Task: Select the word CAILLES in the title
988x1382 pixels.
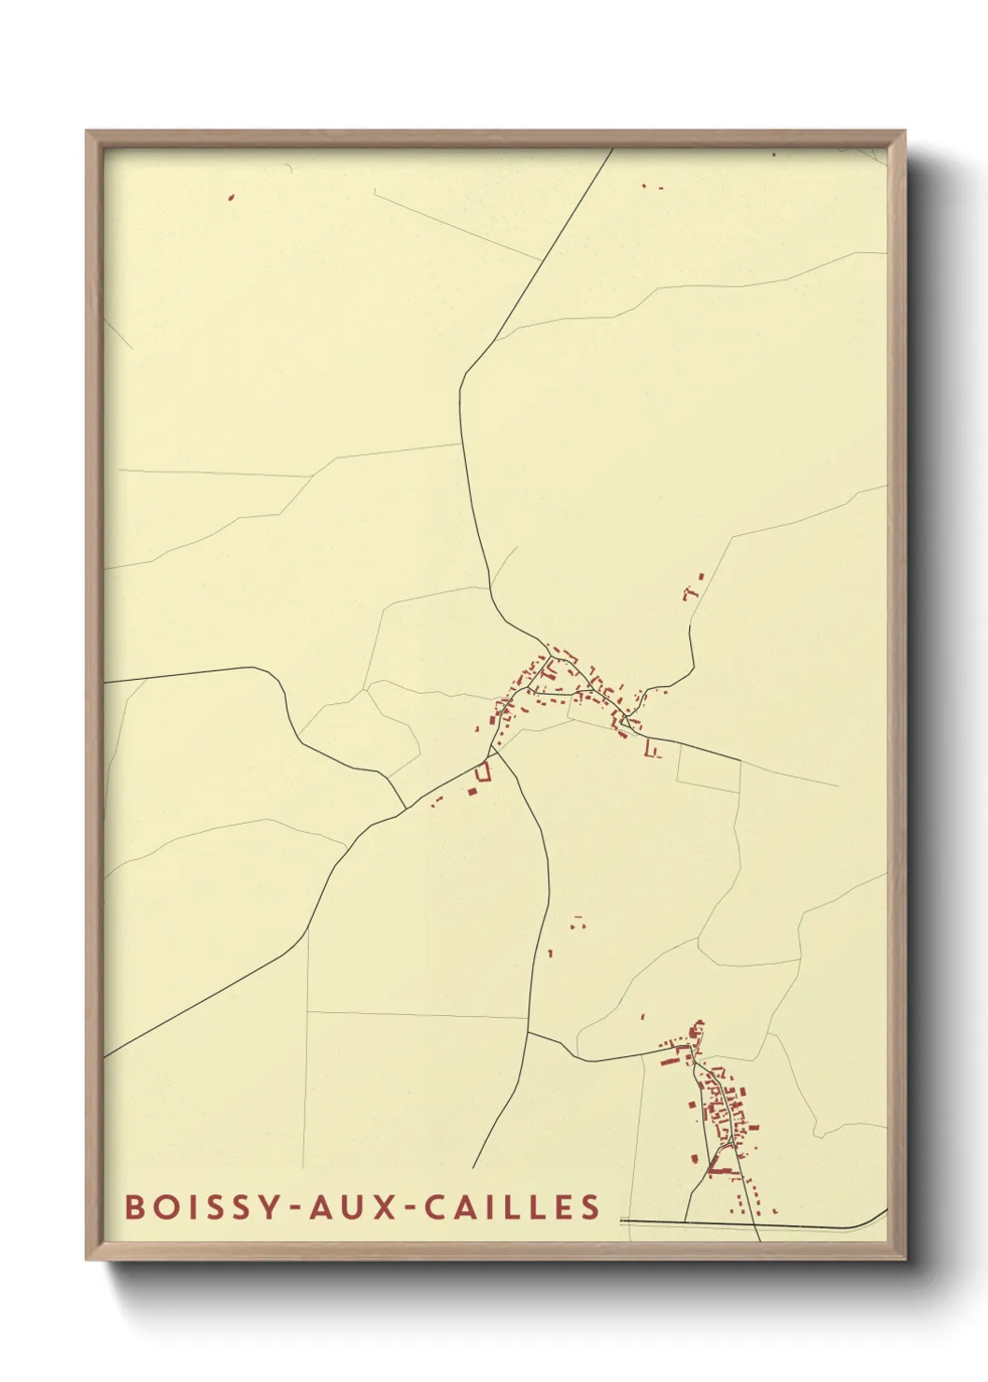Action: pos(513,1206)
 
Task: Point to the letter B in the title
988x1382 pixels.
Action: pos(134,1206)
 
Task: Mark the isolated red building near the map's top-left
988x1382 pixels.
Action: pos(231,197)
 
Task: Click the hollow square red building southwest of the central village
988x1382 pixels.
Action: pos(483,771)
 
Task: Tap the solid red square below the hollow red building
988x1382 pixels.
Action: pos(473,792)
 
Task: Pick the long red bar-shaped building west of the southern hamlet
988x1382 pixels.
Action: pos(669,1061)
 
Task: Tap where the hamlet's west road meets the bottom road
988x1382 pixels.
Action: pos(685,1220)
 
